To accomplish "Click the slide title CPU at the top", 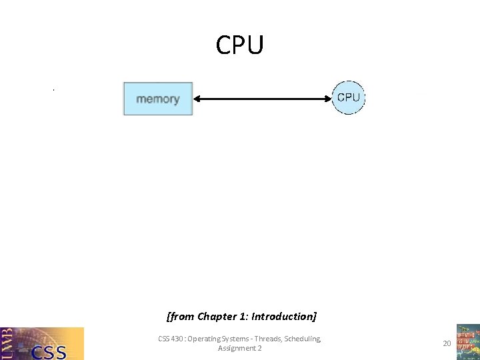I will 240,45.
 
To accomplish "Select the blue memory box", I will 158,99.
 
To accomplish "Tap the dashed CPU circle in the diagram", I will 348,98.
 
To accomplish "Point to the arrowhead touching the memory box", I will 197,99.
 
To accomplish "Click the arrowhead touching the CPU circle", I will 327,99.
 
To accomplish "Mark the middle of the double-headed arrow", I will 262,99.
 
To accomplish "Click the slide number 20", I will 447,343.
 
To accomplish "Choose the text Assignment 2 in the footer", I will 239,348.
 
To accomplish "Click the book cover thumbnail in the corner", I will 467,342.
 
